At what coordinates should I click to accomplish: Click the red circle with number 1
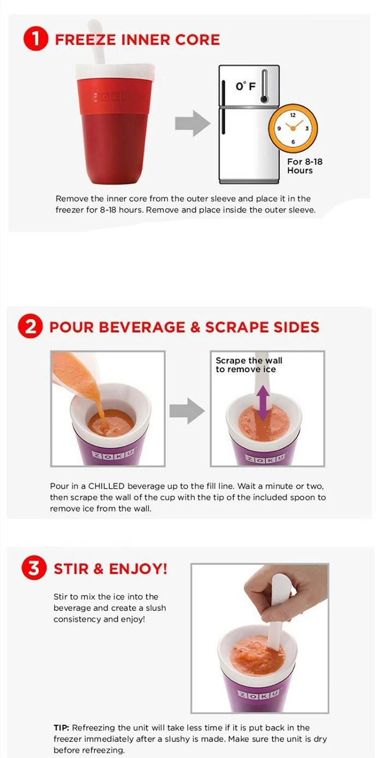click(x=35, y=39)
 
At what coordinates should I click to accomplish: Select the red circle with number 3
click(x=34, y=568)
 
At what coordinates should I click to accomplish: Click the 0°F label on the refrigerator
click(x=246, y=86)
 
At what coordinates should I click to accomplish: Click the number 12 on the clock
click(x=293, y=115)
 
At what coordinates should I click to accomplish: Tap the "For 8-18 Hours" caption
click(x=305, y=166)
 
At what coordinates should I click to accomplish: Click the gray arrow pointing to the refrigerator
click(x=192, y=123)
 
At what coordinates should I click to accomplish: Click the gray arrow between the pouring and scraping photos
click(x=187, y=411)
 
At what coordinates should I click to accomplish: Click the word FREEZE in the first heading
click(x=85, y=40)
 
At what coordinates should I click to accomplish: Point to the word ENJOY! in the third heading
click(x=138, y=569)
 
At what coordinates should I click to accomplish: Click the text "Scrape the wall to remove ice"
click(x=249, y=365)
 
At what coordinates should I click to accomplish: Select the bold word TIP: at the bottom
click(x=61, y=727)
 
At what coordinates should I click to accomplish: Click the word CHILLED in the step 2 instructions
click(x=106, y=486)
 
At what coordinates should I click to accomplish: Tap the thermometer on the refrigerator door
click(x=264, y=86)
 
